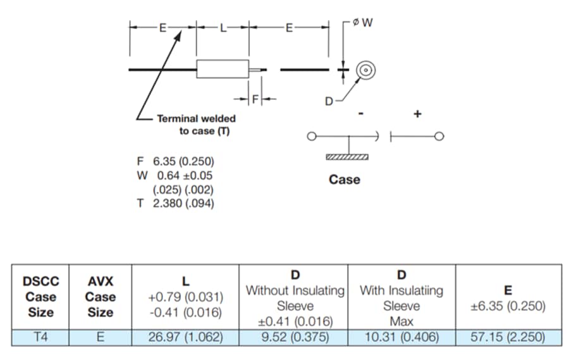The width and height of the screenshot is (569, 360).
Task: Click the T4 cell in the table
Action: click(39, 337)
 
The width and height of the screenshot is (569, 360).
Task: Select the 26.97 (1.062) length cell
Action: click(185, 337)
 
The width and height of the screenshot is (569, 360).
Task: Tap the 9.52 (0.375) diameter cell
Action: click(295, 337)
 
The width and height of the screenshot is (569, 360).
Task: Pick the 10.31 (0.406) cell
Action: click(401, 337)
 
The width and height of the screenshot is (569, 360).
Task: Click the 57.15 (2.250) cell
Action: click(508, 337)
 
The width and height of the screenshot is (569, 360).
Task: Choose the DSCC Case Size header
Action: click(39, 297)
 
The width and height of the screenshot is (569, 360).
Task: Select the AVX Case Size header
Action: click(100, 297)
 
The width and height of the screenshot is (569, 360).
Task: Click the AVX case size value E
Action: click(100, 337)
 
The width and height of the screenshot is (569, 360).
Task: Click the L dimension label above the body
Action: click(223, 28)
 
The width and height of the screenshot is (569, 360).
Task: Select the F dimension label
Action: click(255, 99)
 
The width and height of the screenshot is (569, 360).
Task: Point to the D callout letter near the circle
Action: click(329, 101)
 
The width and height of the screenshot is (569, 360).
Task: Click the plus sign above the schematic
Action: click(417, 115)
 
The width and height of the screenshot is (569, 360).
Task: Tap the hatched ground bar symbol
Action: click(346, 156)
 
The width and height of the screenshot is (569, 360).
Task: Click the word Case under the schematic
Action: click(345, 180)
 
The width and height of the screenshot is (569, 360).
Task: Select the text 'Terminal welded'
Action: click(196, 118)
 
